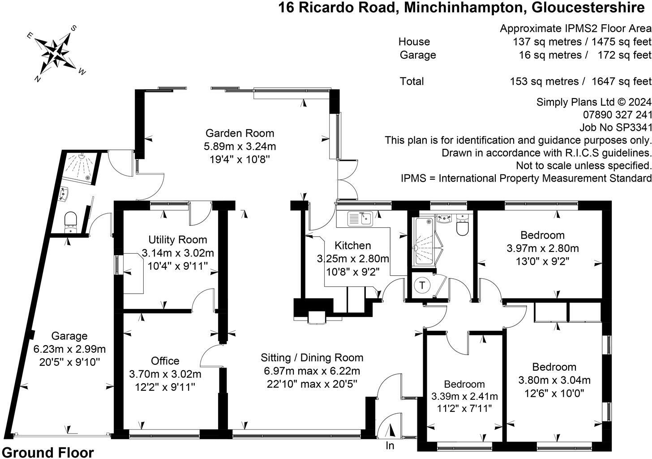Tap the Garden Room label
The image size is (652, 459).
(240, 133)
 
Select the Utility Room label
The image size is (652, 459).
(177, 240)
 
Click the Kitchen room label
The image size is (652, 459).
(353, 246)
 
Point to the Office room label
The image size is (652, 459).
(165, 361)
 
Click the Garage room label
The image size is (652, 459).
(69, 336)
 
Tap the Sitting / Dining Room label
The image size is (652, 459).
(312, 358)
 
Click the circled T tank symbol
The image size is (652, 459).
(422, 285)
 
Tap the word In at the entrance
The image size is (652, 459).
(390, 446)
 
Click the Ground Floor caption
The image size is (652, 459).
(48, 453)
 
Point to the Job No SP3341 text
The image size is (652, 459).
(615, 127)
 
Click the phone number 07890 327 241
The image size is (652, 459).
(617, 115)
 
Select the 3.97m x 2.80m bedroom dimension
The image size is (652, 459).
(543, 248)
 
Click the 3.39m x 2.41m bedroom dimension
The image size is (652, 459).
(464, 396)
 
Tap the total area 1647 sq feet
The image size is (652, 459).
(622, 81)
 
